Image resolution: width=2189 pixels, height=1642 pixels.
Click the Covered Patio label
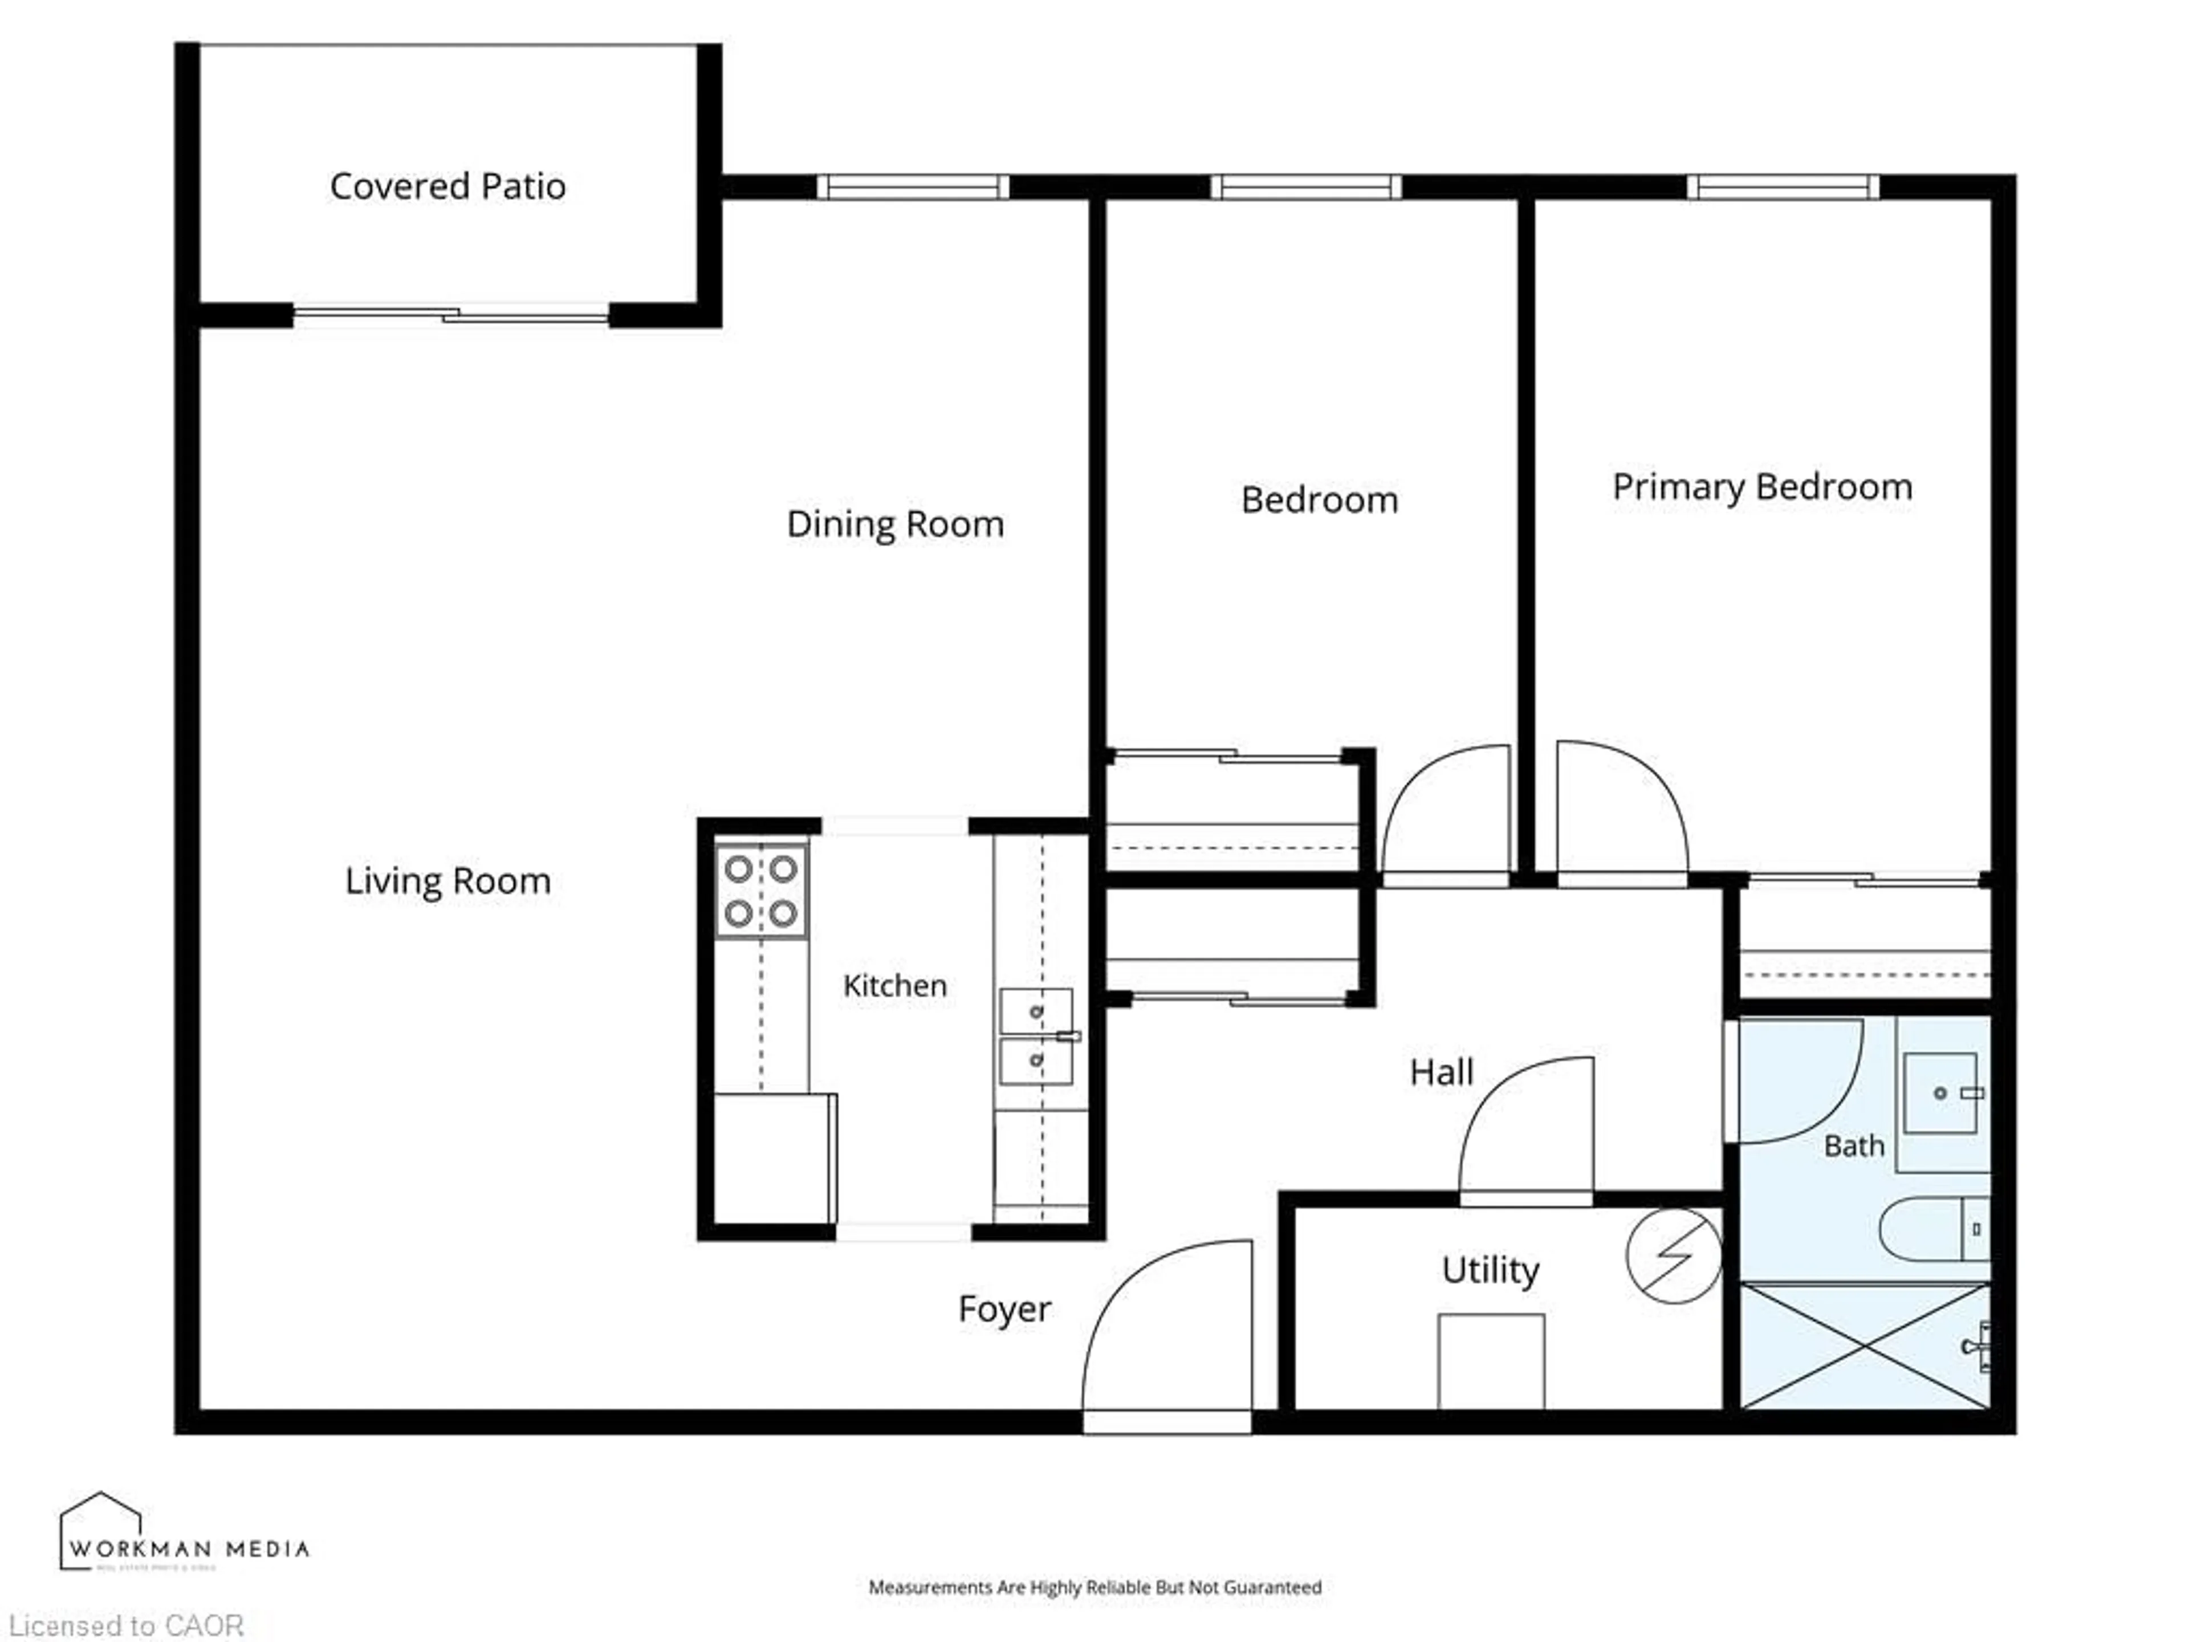coord(447,186)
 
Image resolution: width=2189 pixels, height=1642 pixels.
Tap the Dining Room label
coord(894,523)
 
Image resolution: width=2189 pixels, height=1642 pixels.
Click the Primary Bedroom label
coord(1761,487)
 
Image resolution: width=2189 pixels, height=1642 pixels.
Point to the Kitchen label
coord(894,986)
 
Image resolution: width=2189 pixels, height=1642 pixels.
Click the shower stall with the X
coord(1865,1346)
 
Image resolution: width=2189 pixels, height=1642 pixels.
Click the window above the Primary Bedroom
coord(1781,187)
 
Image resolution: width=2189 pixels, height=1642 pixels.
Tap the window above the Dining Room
coord(912,187)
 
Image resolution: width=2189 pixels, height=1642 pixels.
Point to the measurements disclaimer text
coord(1094,1587)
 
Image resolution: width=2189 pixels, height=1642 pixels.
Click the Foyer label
coord(1003,1310)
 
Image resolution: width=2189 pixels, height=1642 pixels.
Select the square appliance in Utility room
coord(1490,1361)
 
